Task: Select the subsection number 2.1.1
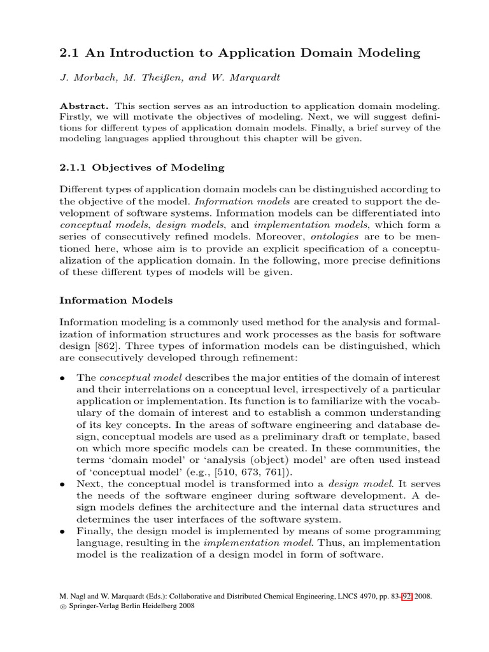pos(73,167)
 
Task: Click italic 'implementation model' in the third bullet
pos(244,542)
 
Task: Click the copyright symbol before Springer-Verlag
pos(62,607)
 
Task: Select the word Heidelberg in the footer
pos(155,606)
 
